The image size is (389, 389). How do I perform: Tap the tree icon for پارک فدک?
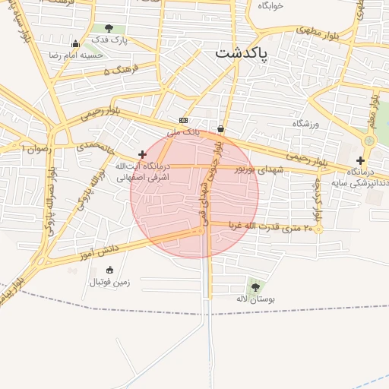tap(98, 29)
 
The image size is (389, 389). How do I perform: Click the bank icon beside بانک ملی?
tap(183, 120)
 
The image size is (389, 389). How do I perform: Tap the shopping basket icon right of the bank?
tap(220, 128)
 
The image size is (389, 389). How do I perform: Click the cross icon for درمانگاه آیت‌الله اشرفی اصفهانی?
tap(142, 154)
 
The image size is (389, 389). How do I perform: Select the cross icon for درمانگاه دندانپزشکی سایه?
tap(360, 160)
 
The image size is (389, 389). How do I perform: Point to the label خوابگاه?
tap(270, 5)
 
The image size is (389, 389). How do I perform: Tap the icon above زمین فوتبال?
tap(109, 270)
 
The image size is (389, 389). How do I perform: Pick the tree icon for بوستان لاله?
tap(255, 287)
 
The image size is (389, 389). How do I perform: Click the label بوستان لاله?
tap(255, 299)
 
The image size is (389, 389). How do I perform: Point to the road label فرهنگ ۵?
tap(117, 71)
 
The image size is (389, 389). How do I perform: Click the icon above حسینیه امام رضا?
tap(74, 43)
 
